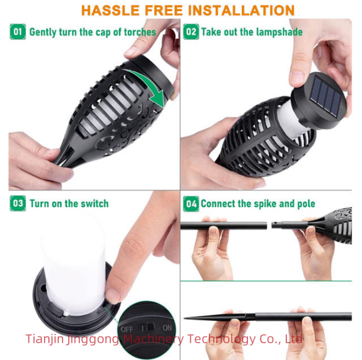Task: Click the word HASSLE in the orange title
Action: point(110,11)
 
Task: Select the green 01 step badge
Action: point(17,32)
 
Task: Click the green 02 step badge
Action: point(191,32)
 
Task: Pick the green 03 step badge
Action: point(17,203)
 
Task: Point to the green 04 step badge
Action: point(191,204)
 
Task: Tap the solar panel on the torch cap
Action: point(326,95)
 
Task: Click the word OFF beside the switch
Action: point(127,329)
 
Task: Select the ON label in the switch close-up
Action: point(167,328)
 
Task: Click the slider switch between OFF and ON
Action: point(148,328)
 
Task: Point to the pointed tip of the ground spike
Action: point(184,318)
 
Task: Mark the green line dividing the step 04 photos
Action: point(266,281)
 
